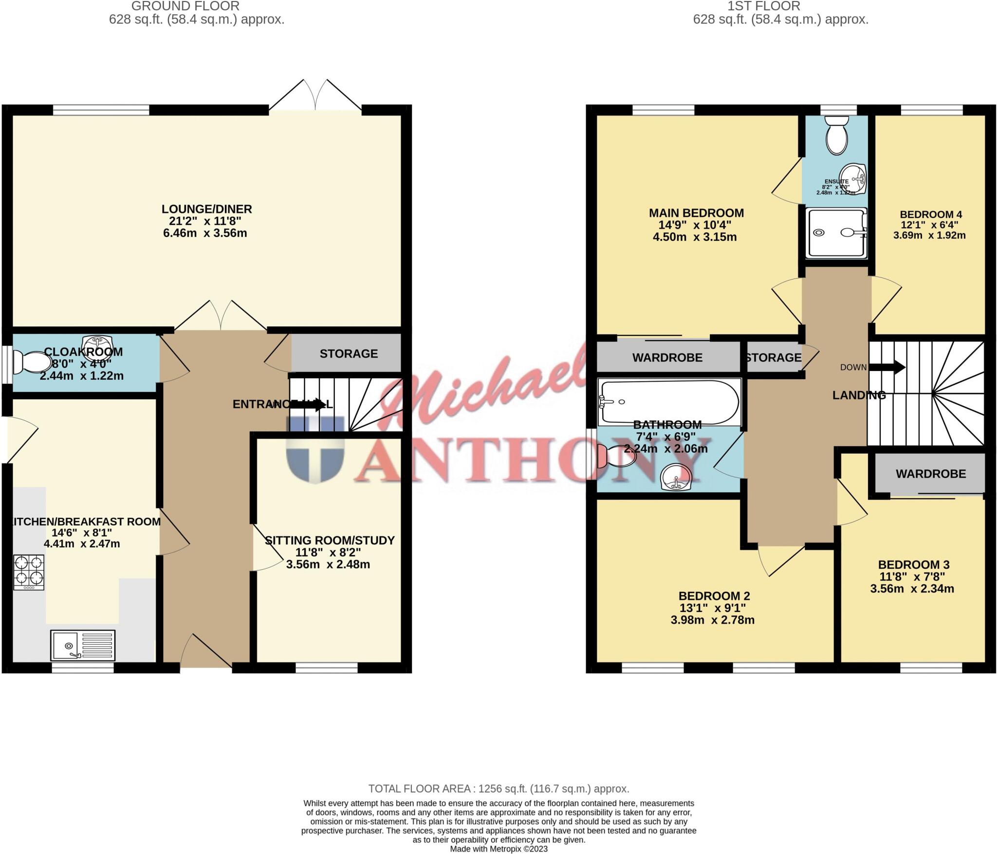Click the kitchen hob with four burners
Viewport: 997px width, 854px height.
coord(29,572)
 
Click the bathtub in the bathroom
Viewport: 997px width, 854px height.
coord(670,403)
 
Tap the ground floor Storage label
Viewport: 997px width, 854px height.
coord(349,353)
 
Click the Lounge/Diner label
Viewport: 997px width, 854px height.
coord(206,209)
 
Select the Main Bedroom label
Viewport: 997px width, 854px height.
coord(696,213)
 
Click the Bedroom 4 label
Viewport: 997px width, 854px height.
coord(930,214)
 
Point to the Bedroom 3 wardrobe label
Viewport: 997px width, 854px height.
coord(930,474)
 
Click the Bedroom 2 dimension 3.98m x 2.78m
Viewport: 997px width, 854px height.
coord(712,620)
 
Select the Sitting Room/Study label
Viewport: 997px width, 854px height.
coord(330,540)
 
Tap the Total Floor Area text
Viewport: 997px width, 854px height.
coord(498,788)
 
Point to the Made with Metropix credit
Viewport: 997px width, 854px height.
coord(498,849)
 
